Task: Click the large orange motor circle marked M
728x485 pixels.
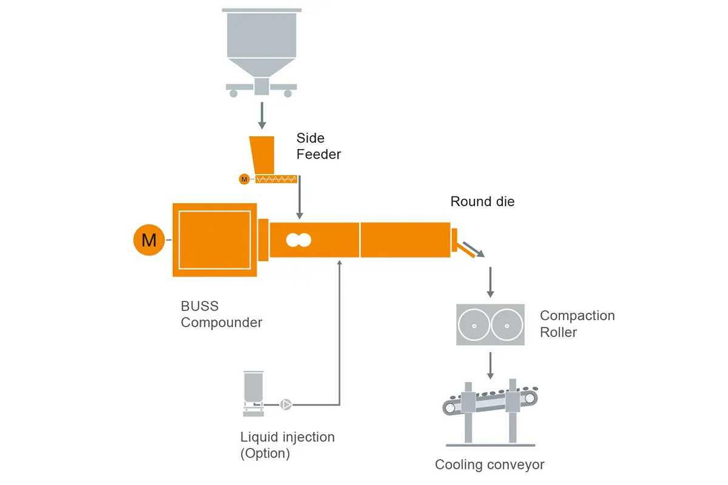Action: [149, 240]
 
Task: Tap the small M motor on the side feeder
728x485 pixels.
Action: [244, 179]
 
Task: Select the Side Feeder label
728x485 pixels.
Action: [318, 146]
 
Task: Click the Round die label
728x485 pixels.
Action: [482, 201]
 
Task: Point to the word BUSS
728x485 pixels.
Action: [200, 306]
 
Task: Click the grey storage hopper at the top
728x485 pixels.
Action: [261, 42]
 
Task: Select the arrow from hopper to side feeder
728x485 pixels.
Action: [262, 115]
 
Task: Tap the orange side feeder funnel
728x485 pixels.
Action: [262, 155]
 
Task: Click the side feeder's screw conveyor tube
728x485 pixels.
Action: [277, 179]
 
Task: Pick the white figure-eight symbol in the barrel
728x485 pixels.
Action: [298, 240]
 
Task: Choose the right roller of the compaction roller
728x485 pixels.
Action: [507, 325]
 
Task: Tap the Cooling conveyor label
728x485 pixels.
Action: [490, 465]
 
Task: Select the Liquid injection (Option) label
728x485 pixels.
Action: [287, 444]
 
